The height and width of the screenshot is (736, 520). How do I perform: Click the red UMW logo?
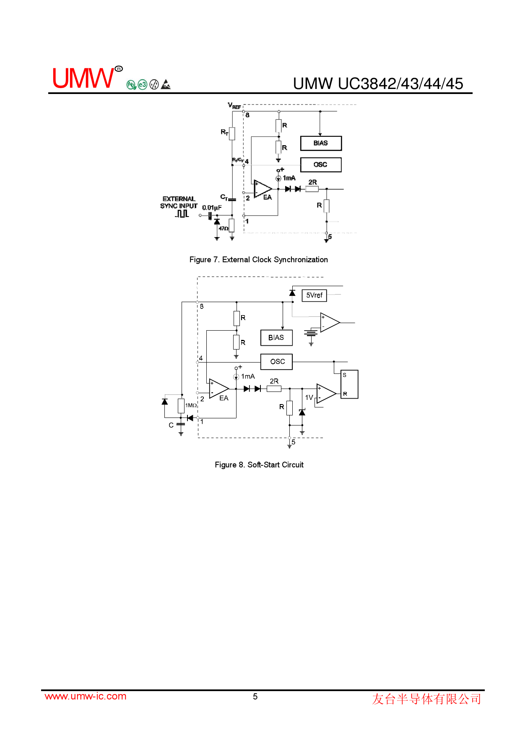(x=83, y=78)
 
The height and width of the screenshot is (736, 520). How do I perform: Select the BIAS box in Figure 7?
(x=321, y=143)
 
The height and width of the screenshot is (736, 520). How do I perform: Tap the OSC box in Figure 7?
(x=321, y=164)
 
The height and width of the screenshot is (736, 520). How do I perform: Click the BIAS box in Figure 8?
(x=276, y=338)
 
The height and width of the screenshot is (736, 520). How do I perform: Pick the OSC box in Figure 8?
(x=277, y=362)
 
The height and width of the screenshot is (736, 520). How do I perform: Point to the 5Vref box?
(x=314, y=295)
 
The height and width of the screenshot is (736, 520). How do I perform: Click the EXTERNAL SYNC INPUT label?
(x=179, y=202)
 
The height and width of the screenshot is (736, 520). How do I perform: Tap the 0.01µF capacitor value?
(x=212, y=208)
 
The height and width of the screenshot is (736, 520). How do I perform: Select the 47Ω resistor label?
(x=224, y=229)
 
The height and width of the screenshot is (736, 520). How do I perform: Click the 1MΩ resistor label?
(x=191, y=405)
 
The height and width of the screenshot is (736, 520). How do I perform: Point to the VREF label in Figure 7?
(x=234, y=106)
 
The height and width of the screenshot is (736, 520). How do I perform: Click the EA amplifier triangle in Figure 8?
(x=218, y=389)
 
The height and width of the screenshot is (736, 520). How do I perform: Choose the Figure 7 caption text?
(x=258, y=260)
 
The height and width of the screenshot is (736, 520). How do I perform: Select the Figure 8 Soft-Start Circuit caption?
(x=259, y=465)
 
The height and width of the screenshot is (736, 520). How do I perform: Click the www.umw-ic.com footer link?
(x=86, y=697)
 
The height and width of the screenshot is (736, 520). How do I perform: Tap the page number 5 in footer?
(x=255, y=697)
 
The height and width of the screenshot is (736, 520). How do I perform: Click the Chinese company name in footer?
(x=426, y=699)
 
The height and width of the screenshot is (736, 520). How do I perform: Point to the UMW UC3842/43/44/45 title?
(x=378, y=84)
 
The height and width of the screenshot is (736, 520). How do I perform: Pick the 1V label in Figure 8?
(x=309, y=397)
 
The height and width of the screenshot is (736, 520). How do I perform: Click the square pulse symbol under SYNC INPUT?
(x=182, y=214)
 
